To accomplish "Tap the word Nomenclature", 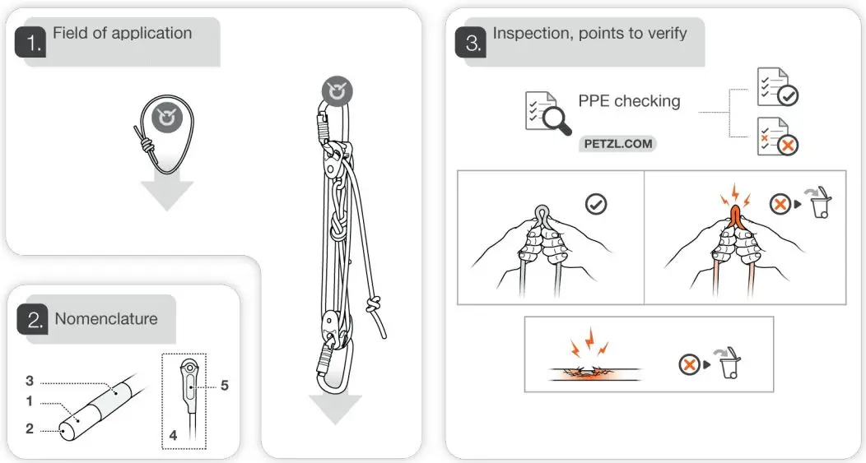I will [x=105, y=319].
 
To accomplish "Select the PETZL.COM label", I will [x=618, y=144].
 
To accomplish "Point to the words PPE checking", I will [x=629, y=101].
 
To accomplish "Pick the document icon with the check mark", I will [x=777, y=87].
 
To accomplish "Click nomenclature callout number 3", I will [x=30, y=381].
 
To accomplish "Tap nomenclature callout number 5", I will [x=224, y=385].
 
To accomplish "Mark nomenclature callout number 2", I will [x=30, y=428].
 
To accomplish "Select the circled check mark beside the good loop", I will [x=595, y=204].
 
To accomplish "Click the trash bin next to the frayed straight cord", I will [x=729, y=363].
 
